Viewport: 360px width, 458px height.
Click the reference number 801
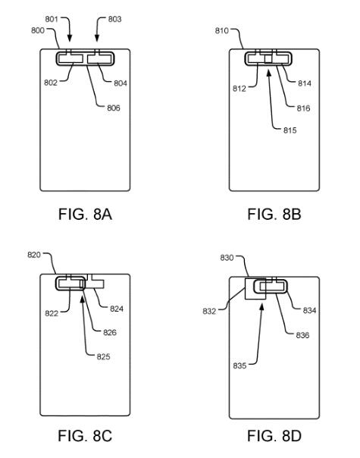tap(52, 19)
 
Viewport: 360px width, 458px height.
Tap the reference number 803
tap(114, 19)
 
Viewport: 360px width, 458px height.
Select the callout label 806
tap(114, 108)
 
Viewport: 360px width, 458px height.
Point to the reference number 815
tap(290, 130)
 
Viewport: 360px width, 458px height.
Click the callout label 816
tap(303, 108)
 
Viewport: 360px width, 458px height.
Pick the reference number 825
tap(103, 356)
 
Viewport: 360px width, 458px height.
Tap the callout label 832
tap(209, 312)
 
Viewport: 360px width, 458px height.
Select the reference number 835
tap(239, 365)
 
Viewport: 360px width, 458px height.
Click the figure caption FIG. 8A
tap(85, 215)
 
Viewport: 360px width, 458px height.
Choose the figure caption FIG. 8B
tap(274, 215)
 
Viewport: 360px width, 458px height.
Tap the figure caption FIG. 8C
tap(85, 436)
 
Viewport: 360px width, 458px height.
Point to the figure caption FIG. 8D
tap(274, 436)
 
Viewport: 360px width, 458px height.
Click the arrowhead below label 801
tap(70, 38)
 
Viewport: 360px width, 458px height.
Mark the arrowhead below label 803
tap(97, 38)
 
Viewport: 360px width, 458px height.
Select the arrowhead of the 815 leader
tap(269, 73)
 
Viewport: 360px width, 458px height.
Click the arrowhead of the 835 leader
tap(262, 307)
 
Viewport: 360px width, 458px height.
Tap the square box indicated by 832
tap(255, 289)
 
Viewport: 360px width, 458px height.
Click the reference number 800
tap(38, 30)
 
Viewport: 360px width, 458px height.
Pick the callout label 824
tap(117, 309)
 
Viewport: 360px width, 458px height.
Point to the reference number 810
tap(222, 30)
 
